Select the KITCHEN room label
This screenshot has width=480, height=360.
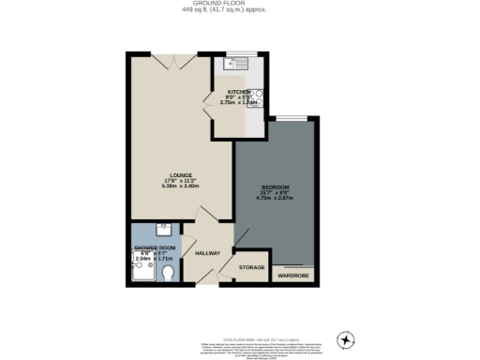237,92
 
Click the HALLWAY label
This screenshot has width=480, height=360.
206,253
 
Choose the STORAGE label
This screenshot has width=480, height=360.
251,268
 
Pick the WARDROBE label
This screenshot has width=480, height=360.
292,276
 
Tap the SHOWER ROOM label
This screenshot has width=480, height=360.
154,249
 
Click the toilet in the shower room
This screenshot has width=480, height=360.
168,273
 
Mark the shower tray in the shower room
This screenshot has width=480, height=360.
143,270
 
